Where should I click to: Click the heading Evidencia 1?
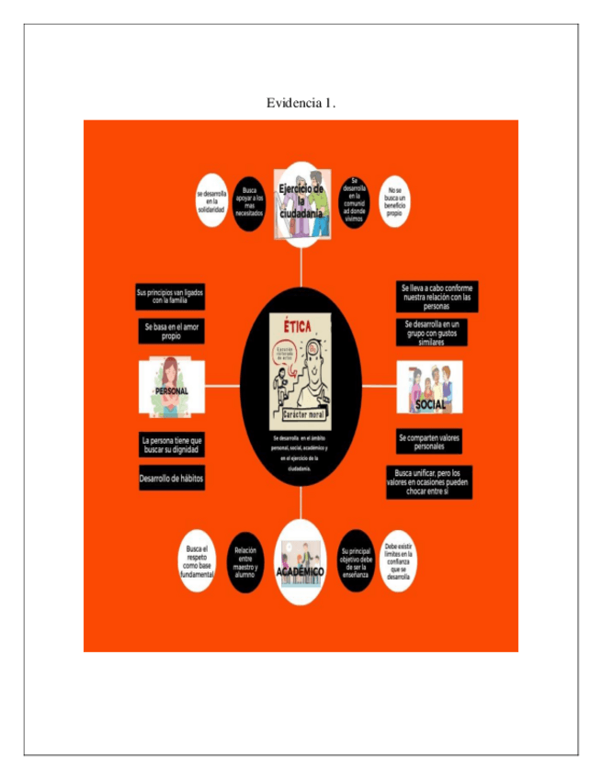pos(301,103)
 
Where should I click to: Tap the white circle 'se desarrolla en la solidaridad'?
pos(210,201)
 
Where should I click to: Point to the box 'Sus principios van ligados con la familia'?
pos(170,297)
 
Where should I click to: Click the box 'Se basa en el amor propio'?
pos(171,332)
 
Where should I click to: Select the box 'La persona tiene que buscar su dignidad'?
pos(171,446)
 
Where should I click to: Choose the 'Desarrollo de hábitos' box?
pos(171,479)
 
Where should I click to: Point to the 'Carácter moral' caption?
pos(301,415)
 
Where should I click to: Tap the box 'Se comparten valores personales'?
pos(429,442)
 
